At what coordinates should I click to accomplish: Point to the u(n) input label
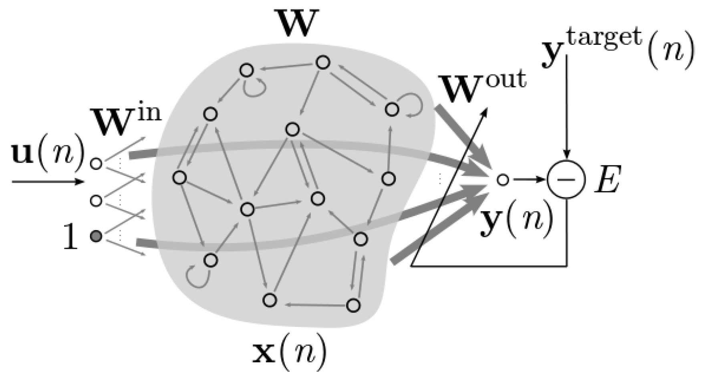(47, 154)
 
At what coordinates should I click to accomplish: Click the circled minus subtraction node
(566, 179)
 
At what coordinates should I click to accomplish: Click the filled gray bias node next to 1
(96, 236)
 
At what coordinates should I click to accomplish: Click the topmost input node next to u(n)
(96, 163)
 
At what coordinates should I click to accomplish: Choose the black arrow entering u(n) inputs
(48, 182)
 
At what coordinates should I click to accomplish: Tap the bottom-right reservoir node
(353, 306)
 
